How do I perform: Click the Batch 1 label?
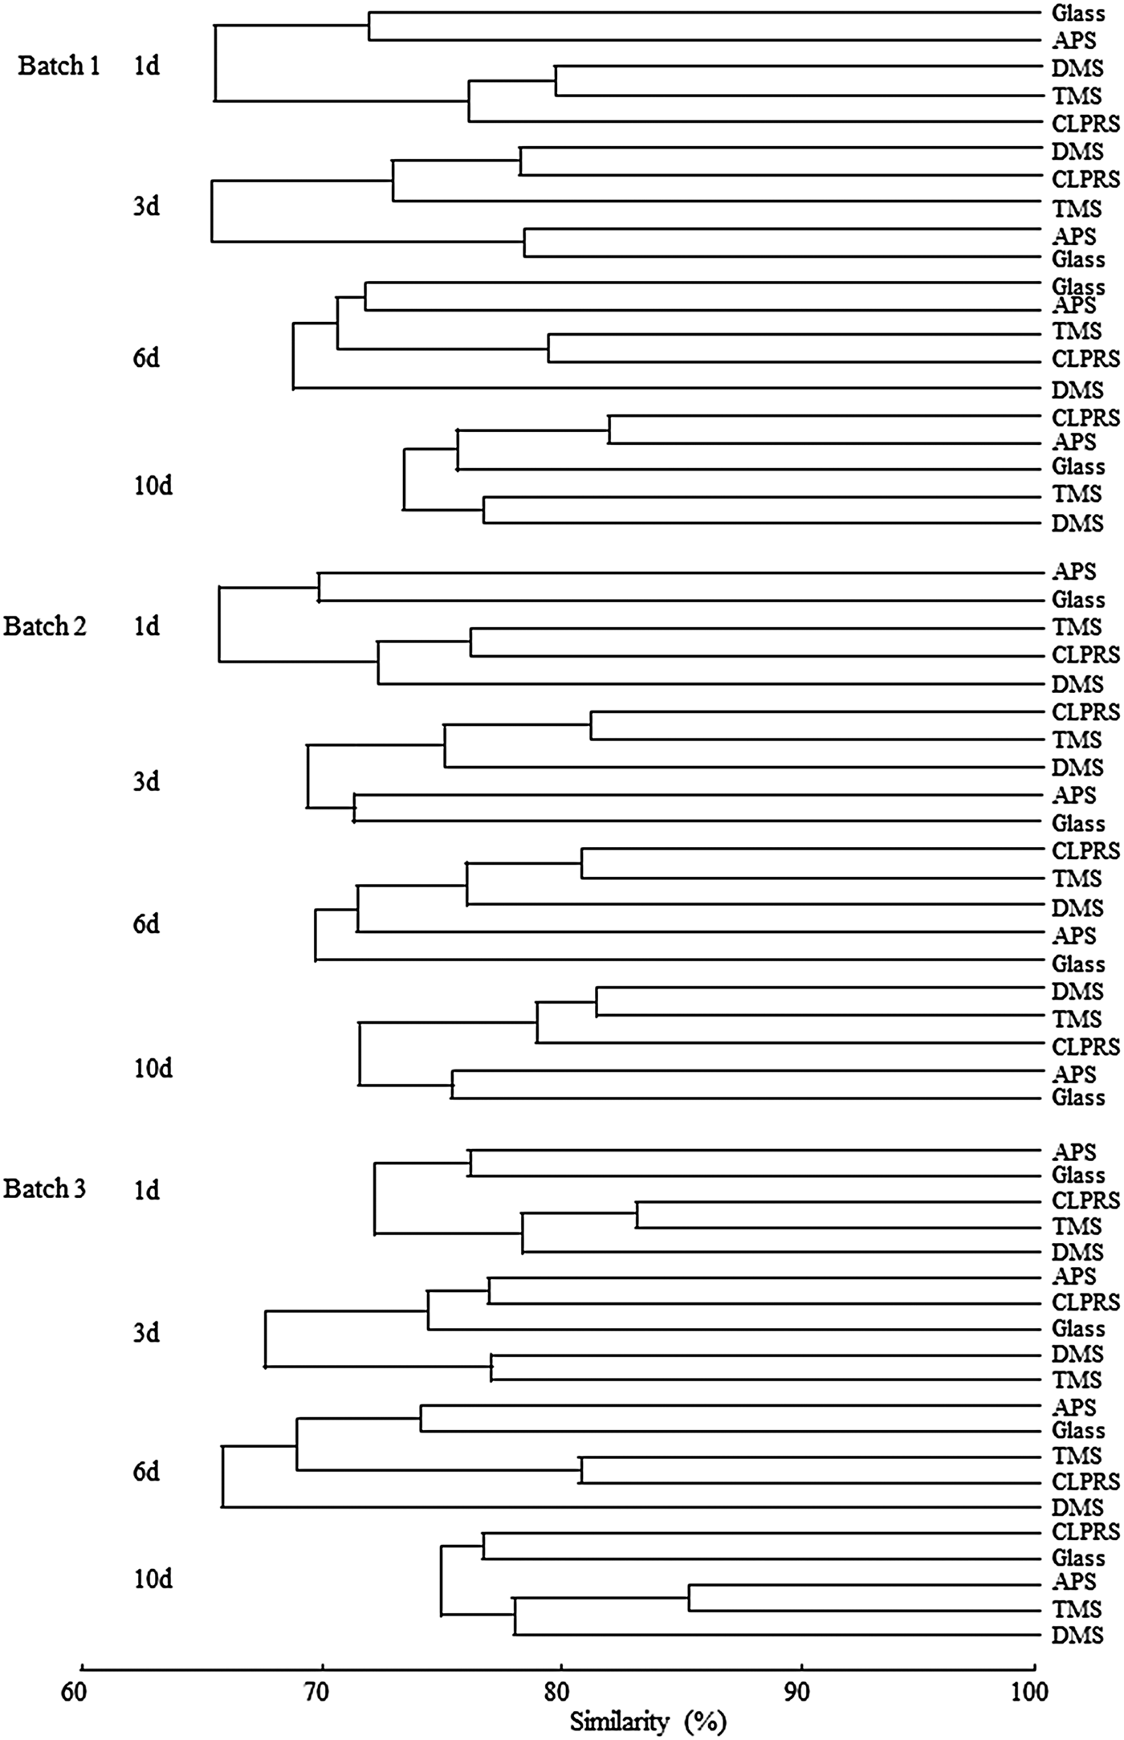coord(59,66)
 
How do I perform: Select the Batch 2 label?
coord(44,626)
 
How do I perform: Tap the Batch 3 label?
coord(44,1188)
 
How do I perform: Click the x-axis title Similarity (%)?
coord(648,1721)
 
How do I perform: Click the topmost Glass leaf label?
coord(1078,14)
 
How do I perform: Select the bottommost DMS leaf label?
coord(1077,1634)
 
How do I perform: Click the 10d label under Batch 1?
coord(153,486)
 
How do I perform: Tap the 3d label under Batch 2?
coord(146,780)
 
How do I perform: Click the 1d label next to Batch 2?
coord(146,626)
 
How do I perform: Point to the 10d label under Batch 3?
coord(153,1579)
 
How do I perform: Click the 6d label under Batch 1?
coord(146,358)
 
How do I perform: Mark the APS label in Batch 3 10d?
coord(1073,1581)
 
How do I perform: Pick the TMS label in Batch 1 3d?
coord(1077,209)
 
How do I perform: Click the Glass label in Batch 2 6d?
coord(1078,963)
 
